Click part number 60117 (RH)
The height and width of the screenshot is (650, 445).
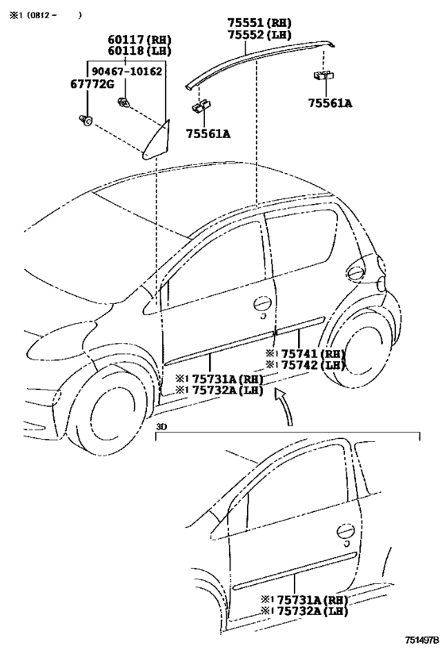coord(140,40)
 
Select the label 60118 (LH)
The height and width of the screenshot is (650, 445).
coord(140,51)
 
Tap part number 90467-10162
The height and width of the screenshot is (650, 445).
coord(127,71)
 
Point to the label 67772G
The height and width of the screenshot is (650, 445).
coord(91,84)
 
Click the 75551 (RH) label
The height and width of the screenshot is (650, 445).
coord(258,23)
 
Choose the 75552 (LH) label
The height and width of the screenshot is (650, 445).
coord(258,34)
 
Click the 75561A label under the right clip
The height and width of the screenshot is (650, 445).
coord(330,103)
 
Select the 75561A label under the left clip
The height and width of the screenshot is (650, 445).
coord(208,133)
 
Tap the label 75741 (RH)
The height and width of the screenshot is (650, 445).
coord(305,354)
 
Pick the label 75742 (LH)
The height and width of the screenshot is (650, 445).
coord(305,365)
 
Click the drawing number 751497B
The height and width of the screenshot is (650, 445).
coord(422,640)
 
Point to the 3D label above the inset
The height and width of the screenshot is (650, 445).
coord(161,425)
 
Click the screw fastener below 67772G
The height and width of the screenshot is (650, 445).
coord(85,121)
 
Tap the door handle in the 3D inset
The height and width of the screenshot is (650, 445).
coord(346,533)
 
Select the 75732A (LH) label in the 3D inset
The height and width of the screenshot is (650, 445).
coord(304,611)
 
